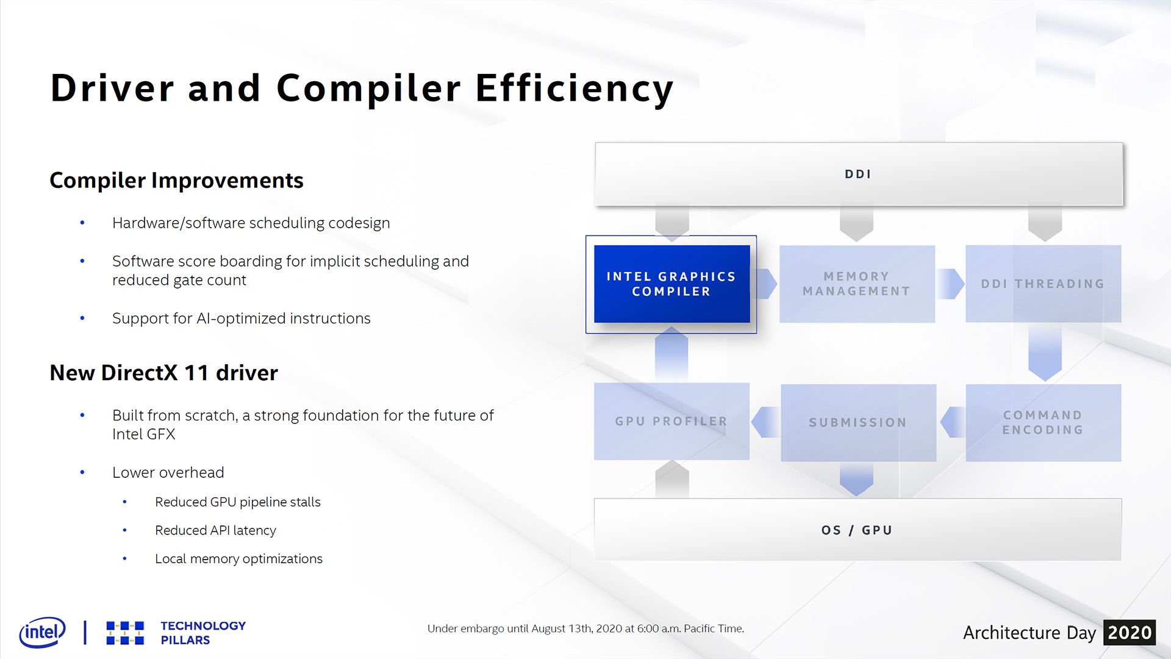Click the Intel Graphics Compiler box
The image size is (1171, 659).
point(671,284)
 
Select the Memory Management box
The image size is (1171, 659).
point(857,284)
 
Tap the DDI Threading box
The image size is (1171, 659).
point(1043,284)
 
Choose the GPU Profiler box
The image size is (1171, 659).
point(671,422)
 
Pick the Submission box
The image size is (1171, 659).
point(858,422)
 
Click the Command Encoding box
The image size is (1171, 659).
point(1043,422)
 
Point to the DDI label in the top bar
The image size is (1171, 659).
point(858,175)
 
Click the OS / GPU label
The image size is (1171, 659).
point(857,530)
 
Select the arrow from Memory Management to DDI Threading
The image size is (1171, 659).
point(950,284)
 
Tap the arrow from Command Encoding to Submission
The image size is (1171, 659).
point(953,422)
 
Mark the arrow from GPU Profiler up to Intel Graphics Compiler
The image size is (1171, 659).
point(671,355)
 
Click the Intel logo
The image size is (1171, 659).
point(43,632)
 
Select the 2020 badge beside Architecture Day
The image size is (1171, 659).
point(1130,633)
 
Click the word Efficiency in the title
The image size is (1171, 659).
point(575,89)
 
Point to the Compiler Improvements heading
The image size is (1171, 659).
point(176,181)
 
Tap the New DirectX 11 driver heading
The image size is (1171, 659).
point(163,373)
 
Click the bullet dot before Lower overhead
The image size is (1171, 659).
point(82,473)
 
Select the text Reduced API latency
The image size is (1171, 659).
point(215,530)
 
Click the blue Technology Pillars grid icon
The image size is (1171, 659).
point(125,633)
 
